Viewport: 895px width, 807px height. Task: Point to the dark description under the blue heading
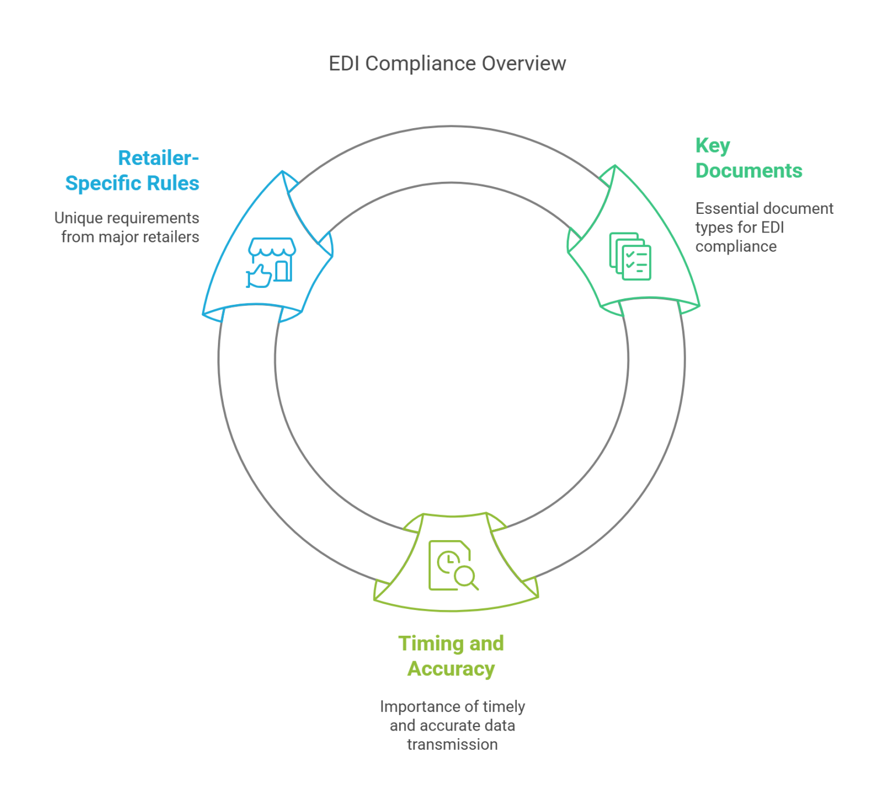click(131, 227)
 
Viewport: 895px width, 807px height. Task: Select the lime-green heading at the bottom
click(447, 662)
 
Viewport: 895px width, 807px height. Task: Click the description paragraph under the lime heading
click(452, 731)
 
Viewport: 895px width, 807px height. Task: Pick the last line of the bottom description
click(452, 752)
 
